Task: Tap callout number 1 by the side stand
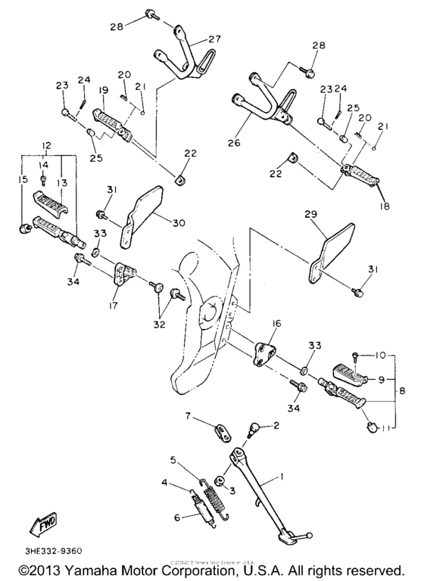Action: coord(282,478)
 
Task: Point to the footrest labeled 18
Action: coord(360,179)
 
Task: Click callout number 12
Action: coord(46,144)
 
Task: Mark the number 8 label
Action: coord(402,391)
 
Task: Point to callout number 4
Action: coord(164,482)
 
